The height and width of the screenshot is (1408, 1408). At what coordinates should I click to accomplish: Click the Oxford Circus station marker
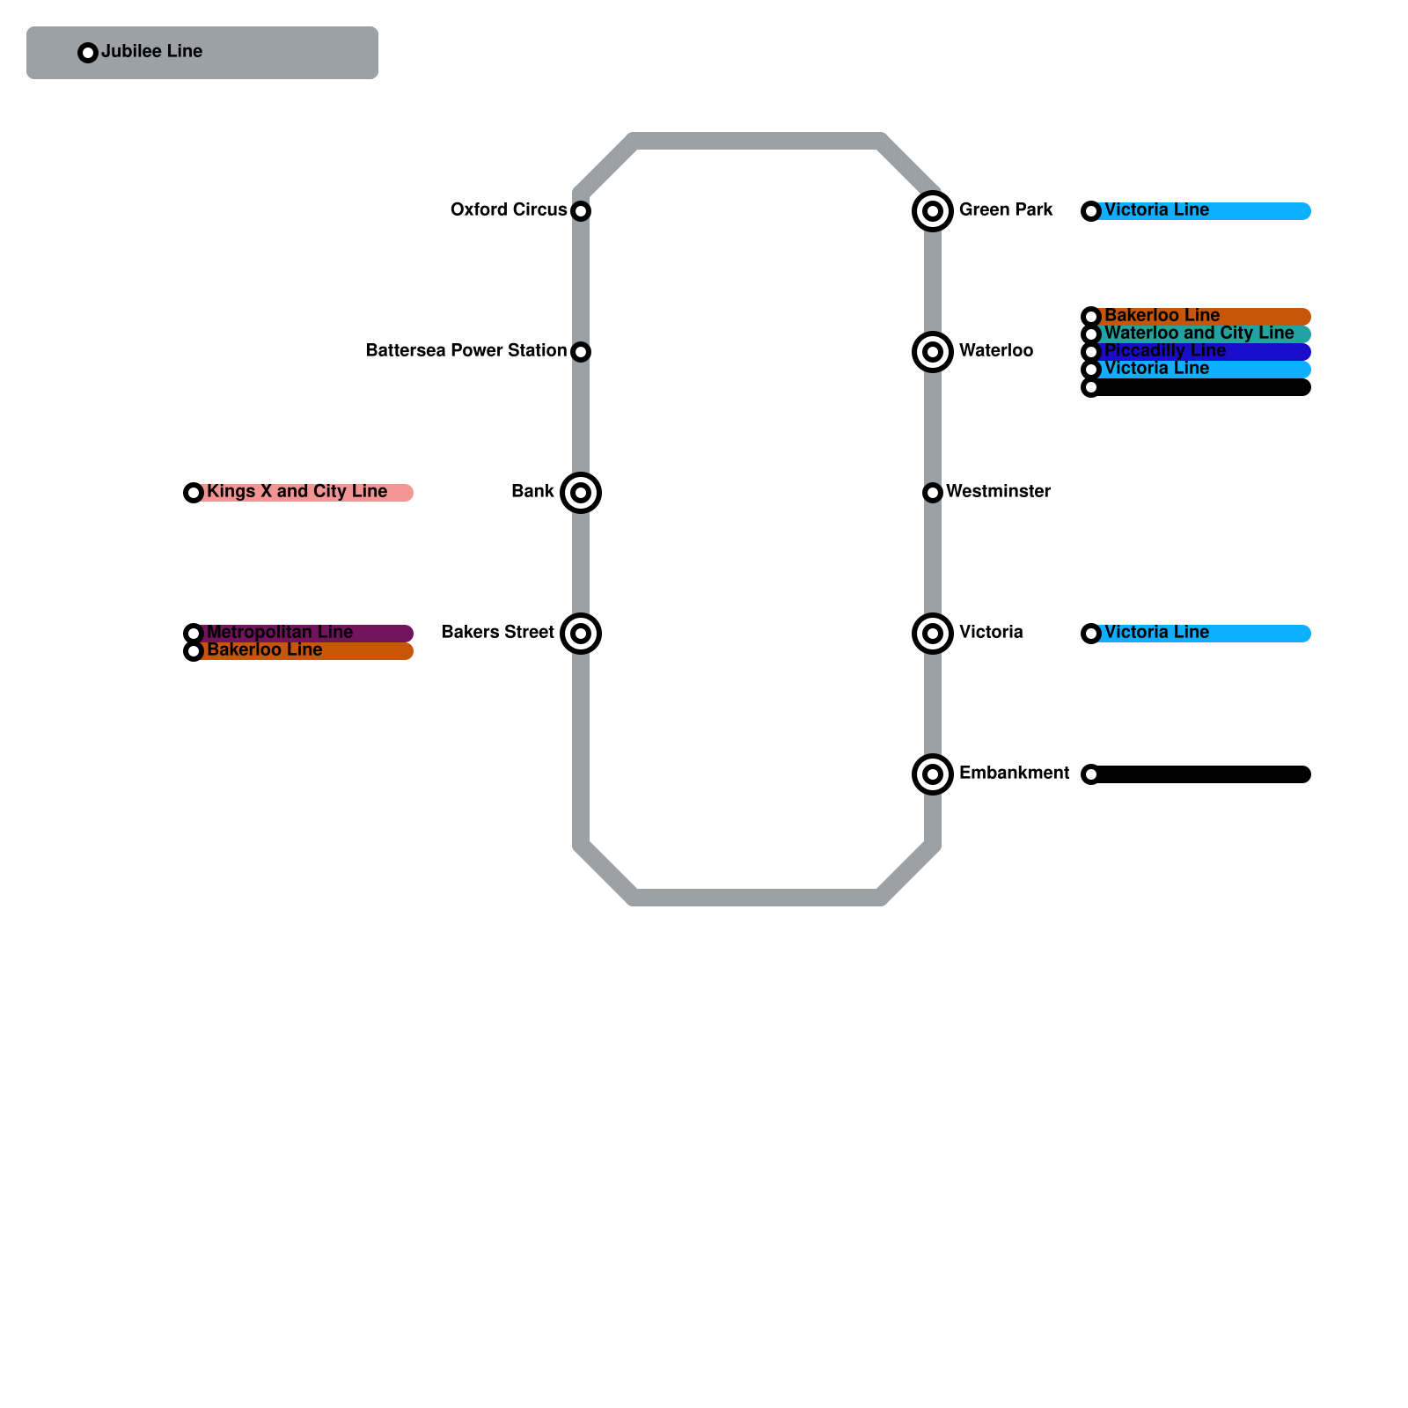581,211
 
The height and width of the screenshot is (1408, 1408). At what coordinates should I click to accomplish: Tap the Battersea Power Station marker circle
581,352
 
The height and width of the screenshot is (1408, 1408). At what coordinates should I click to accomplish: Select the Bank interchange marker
581,493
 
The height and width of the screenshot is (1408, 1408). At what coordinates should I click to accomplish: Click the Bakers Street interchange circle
581,634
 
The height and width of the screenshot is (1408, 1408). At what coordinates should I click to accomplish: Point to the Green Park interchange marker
933,211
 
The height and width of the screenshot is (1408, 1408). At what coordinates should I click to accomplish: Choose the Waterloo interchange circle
933,352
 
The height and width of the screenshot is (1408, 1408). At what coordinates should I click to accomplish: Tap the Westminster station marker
933,493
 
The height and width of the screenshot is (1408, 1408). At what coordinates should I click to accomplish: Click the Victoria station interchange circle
933,634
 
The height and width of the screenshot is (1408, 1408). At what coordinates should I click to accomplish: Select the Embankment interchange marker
933,774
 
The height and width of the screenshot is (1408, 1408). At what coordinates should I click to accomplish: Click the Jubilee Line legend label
151,52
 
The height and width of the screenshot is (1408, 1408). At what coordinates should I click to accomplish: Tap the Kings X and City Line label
297,492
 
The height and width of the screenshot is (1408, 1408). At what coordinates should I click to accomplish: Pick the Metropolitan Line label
279,633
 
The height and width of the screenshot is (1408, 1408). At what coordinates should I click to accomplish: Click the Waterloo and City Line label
1199,334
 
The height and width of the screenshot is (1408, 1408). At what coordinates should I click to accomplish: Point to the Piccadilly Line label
1164,351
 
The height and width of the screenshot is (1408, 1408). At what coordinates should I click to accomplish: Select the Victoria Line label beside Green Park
1156,210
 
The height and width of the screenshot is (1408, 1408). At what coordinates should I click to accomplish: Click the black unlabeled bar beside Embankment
1201,774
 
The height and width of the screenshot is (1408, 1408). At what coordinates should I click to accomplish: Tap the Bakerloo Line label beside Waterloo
1162,316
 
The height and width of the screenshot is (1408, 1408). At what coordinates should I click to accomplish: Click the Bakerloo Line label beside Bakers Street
264,650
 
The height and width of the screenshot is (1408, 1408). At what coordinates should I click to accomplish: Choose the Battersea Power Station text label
466,351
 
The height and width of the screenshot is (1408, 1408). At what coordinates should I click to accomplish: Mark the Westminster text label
998,492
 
